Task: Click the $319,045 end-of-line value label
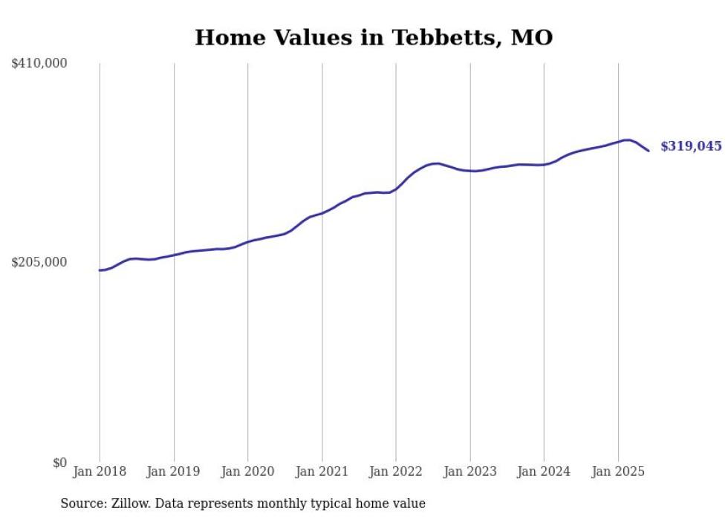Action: pos(691,146)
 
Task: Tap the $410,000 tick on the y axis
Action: pos(39,64)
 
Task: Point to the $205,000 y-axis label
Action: pos(39,262)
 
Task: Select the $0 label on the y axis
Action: pos(59,463)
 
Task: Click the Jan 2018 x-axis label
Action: pos(100,471)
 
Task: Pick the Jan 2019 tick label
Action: pos(174,471)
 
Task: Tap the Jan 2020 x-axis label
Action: pos(248,471)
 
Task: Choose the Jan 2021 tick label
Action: pos(322,471)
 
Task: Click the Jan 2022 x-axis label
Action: pos(396,471)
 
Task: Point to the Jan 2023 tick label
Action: pos(470,471)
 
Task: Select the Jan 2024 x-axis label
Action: pos(544,471)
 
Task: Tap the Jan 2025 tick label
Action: pos(618,471)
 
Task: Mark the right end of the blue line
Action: pos(649,151)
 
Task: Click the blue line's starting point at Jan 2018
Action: pos(100,270)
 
